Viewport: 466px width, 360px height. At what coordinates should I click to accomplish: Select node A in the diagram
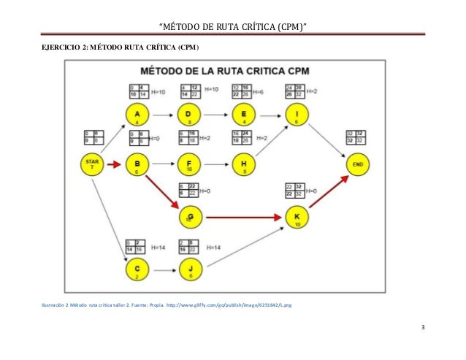pyautogui.click(x=137, y=115)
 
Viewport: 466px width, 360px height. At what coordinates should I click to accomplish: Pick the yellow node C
pyautogui.click(x=137, y=269)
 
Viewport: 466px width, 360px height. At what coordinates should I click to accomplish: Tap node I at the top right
pyautogui.click(x=297, y=115)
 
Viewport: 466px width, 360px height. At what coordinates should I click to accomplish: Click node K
pyautogui.click(x=297, y=217)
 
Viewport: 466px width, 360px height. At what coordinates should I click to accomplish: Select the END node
pyautogui.click(x=357, y=164)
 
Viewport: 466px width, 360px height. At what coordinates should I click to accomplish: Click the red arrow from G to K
pyautogui.click(x=241, y=217)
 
